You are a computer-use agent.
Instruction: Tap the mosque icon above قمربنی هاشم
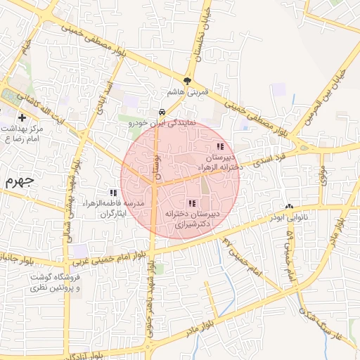186,80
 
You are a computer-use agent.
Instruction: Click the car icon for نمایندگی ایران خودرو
162,112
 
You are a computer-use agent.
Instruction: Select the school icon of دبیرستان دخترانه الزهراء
220,147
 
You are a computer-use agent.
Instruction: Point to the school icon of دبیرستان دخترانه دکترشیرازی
192,203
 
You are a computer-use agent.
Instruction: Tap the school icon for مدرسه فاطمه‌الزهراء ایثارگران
112,193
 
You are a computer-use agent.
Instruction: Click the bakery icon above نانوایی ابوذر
289,207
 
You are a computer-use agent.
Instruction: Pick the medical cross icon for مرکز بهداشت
23,117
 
